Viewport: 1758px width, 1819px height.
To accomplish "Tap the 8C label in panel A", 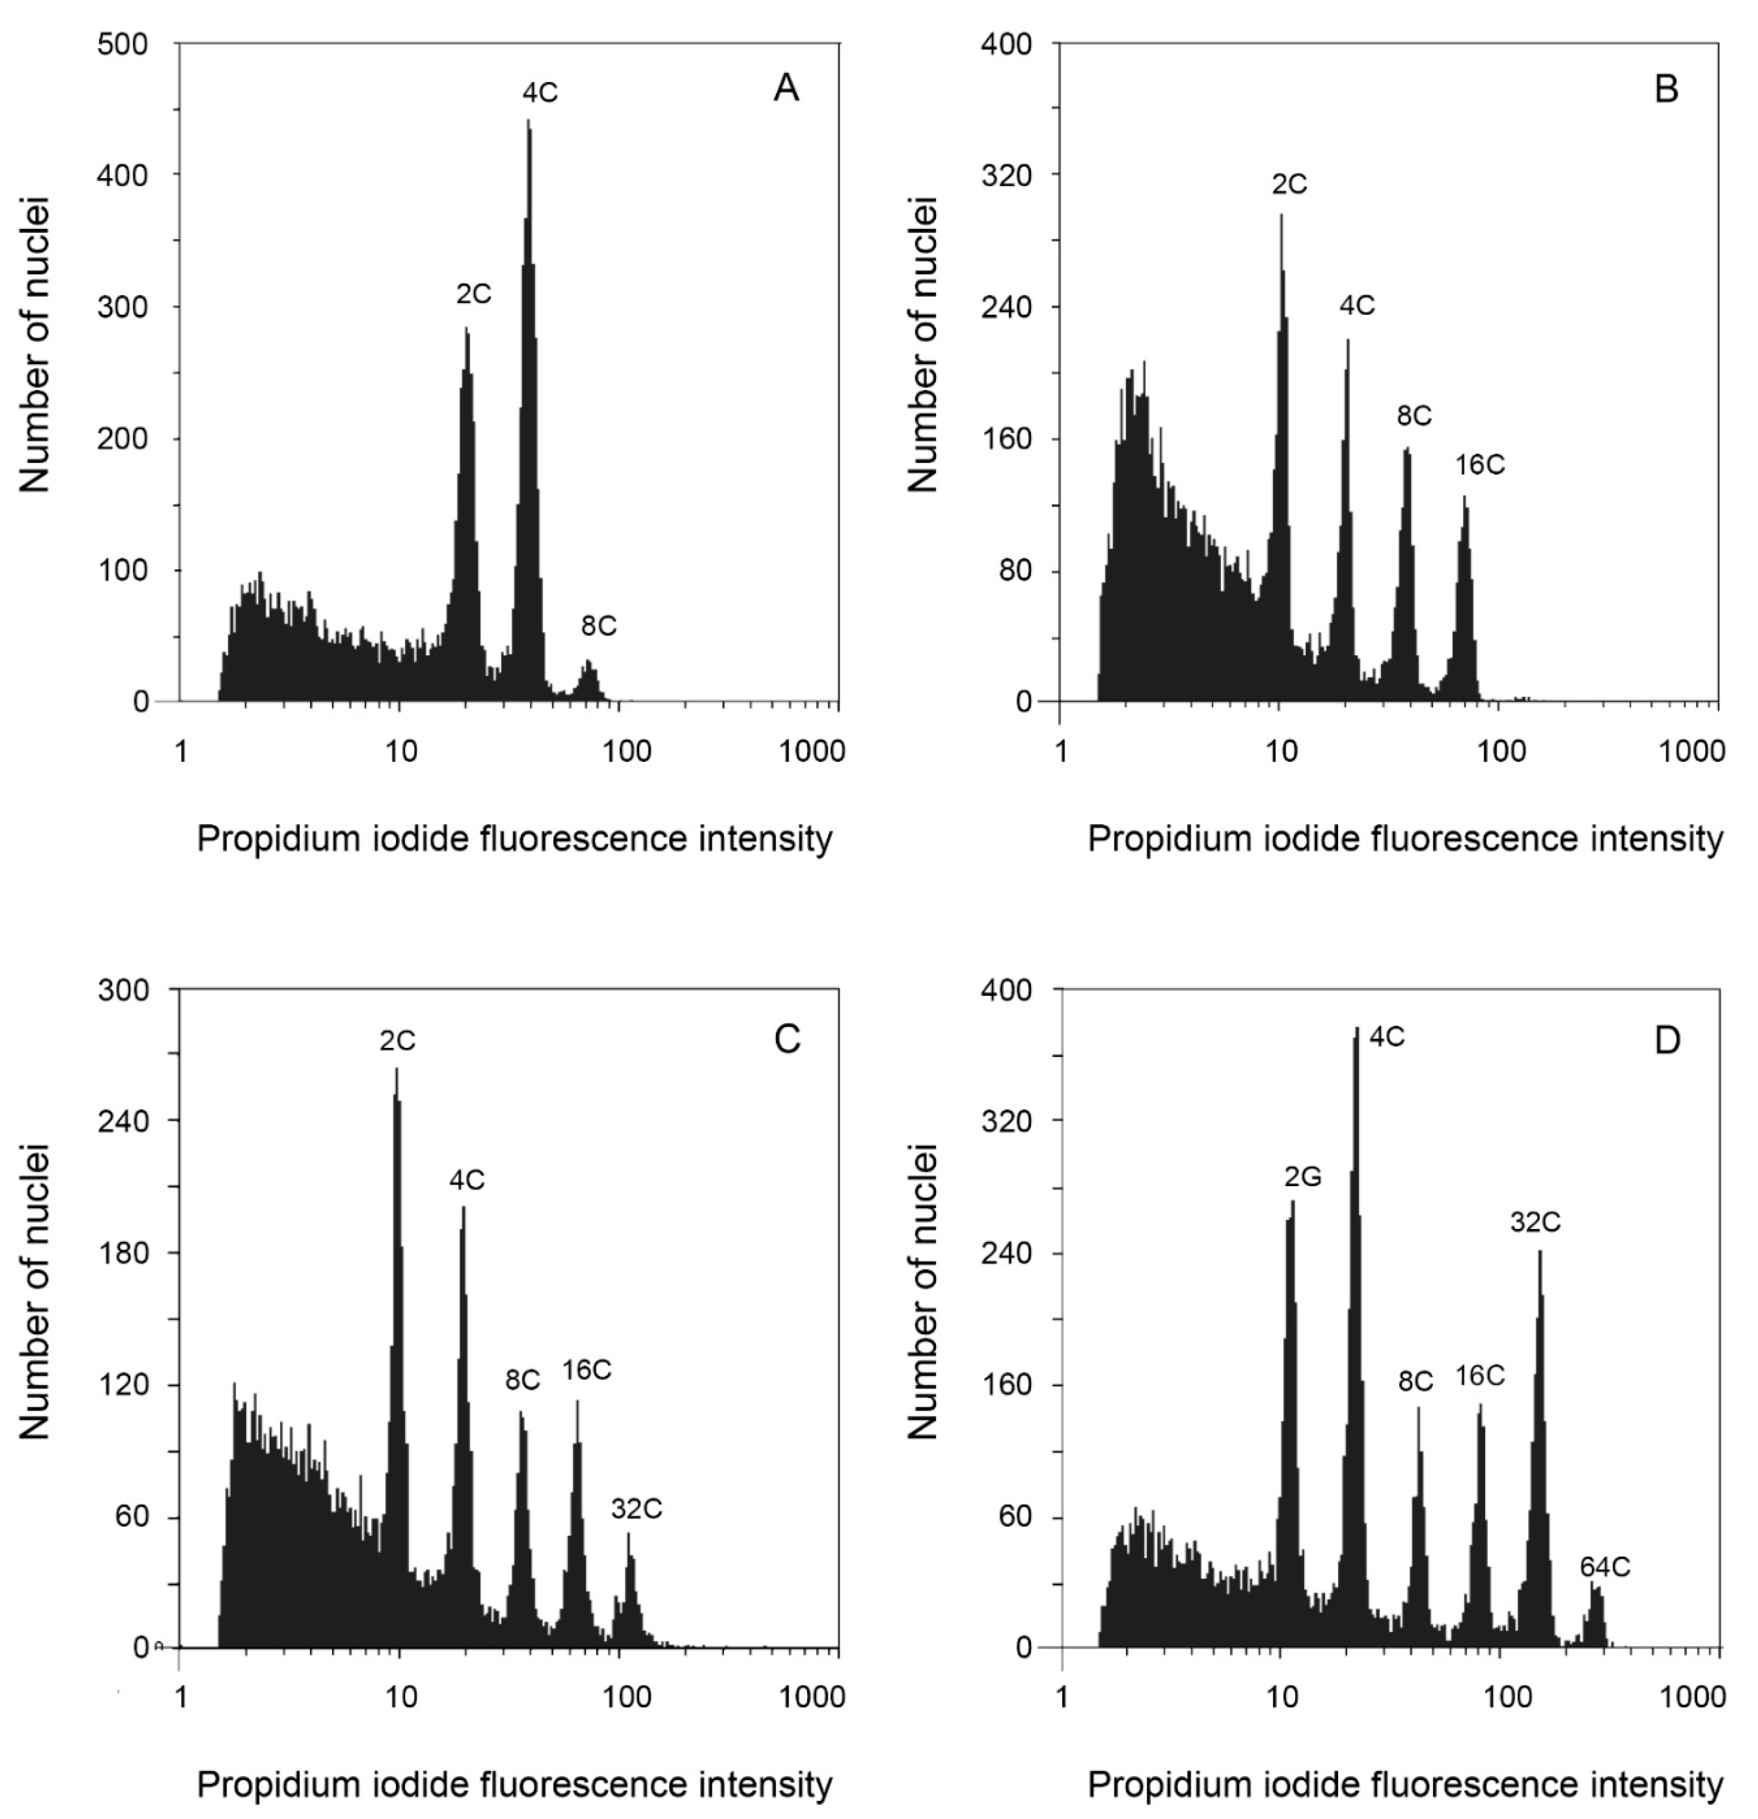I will pos(599,626).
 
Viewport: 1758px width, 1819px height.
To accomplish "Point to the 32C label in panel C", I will pos(637,1510).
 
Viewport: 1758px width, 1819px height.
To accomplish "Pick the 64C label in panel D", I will pos(1605,1568).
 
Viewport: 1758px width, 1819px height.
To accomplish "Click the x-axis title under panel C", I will pos(515,1785).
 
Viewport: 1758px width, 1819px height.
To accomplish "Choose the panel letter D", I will pos(1667,1040).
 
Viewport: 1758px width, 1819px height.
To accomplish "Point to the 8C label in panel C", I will pos(522,1380).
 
